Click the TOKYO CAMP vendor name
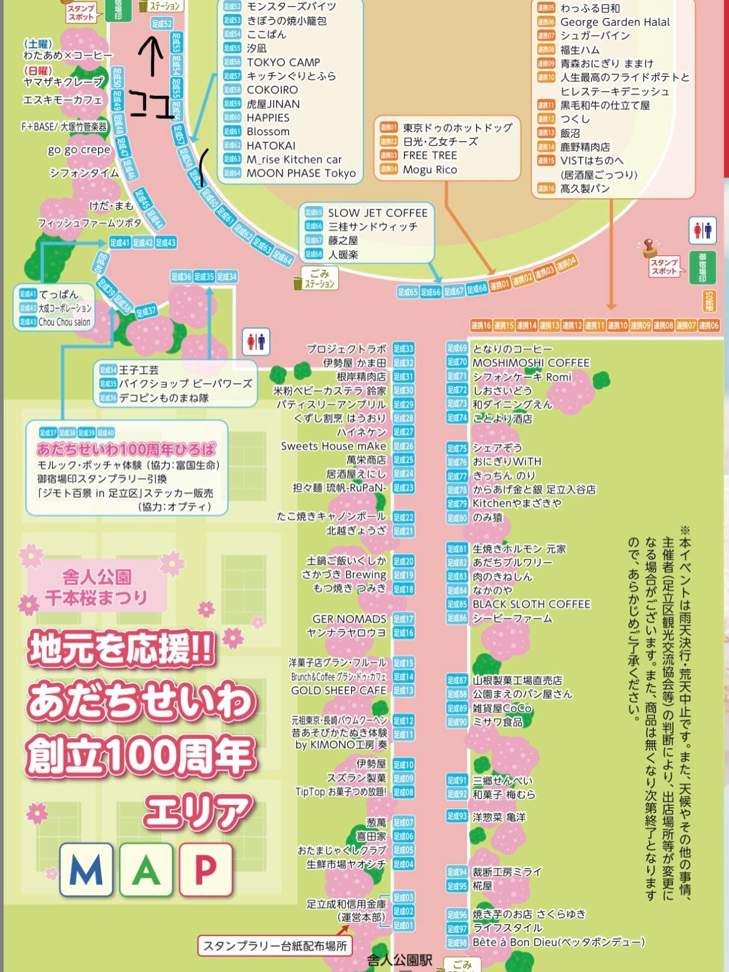283,63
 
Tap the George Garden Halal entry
614,22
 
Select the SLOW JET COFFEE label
377,213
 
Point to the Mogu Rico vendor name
430,170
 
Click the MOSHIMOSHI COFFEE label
531,363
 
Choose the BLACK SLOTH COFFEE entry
531,604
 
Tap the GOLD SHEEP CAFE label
338,691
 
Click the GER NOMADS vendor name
349,619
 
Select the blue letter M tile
87,870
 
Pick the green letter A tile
146,870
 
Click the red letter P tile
205,870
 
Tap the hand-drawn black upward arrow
154,56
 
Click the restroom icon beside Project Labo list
256,341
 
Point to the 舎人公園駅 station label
400,960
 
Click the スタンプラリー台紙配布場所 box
275,946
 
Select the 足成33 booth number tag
403,349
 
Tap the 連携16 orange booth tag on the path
481,326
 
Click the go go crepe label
79,150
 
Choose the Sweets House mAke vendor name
334,446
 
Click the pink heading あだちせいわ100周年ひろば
126,449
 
